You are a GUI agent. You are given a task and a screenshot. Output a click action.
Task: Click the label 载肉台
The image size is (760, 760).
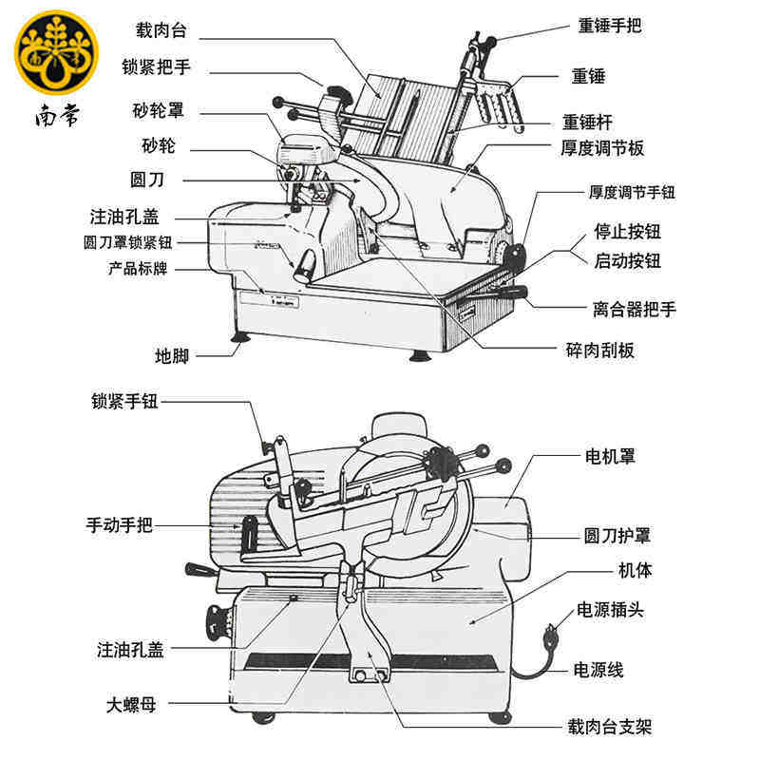(x=161, y=31)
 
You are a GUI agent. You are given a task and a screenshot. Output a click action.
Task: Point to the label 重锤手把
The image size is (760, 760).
(x=610, y=25)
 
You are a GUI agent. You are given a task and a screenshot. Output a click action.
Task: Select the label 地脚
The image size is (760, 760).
(x=172, y=356)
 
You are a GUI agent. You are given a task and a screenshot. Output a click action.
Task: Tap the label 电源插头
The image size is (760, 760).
(x=610, y=610)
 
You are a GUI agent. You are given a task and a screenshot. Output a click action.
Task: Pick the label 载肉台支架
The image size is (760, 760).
(x=609, y=728)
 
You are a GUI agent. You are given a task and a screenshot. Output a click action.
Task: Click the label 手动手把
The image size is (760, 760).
(x=120, y=524)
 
